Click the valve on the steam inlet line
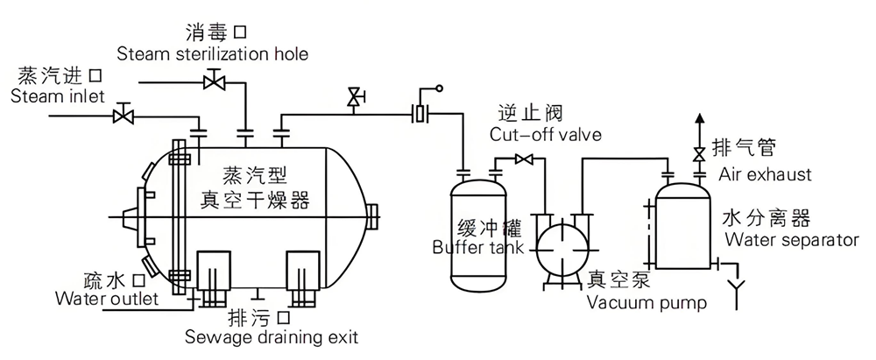tap(124, 115)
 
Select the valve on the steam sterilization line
tap(211, 83)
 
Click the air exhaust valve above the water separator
tap(698, 154)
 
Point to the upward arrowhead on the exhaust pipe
tap(698, 118)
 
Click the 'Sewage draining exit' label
tap(271, 335)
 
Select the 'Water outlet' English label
tap(106, 300)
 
